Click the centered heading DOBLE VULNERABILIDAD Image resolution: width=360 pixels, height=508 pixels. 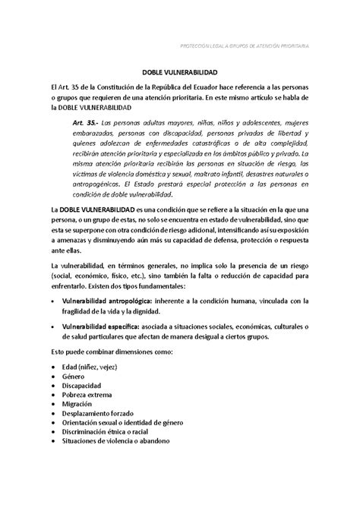[179, 77]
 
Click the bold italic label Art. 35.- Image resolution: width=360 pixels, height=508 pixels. [87, 121]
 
